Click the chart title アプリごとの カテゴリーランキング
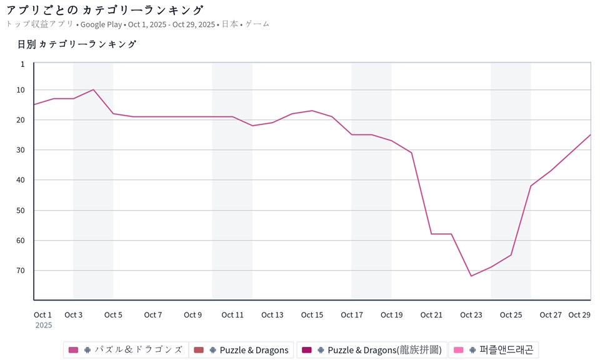[105, 10]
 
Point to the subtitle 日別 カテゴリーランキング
[77, 44]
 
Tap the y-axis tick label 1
[22, 64]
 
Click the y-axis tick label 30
[21, 150]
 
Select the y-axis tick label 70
[21, 271]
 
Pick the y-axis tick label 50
[21, 211]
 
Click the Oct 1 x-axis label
[43, 315]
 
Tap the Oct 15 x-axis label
[312, 315]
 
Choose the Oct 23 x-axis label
[471, 315]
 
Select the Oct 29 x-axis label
[579, 315]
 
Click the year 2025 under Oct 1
[44, 325]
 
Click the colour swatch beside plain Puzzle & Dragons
[199, 350]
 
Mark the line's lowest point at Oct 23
[471, 276]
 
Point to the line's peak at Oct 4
[93, 89]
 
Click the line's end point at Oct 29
[590, 135]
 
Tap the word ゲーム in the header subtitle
[257, 24]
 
